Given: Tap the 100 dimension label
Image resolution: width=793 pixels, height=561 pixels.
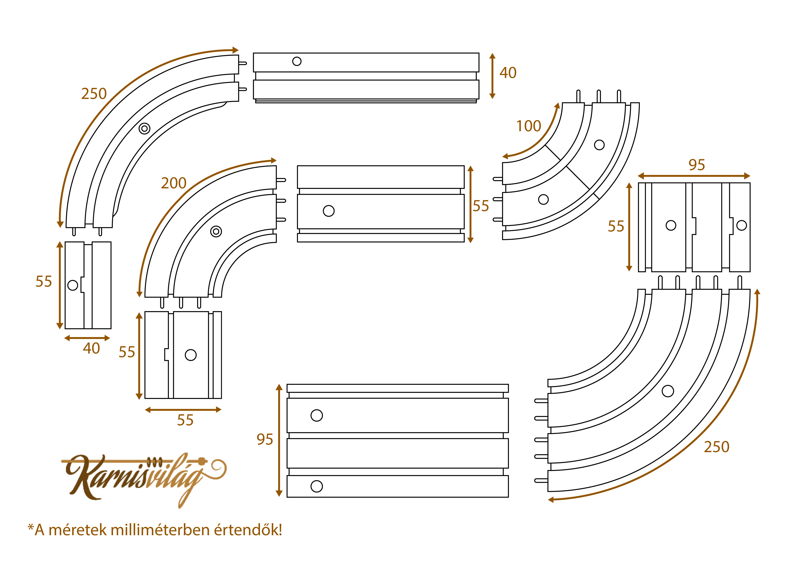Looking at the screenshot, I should point(529,126).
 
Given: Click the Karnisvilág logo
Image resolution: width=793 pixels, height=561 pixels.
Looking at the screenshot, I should point(145,478).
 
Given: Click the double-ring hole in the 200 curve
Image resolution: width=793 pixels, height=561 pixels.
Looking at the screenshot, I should point(216,232).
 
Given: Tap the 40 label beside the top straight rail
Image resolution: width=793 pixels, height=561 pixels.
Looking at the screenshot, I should point(508,73).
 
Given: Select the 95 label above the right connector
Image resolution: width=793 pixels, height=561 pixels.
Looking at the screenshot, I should point(697,165).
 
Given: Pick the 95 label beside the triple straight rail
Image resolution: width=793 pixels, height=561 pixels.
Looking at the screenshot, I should point(264,439).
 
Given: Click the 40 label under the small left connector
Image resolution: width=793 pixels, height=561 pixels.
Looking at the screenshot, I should point(91,348).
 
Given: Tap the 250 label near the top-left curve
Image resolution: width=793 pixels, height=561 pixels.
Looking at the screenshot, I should point(94,94).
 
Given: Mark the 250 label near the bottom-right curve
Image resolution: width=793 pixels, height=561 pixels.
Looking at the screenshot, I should point(717,447).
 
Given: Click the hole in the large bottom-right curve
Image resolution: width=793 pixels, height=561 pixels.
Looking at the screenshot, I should point(668,391).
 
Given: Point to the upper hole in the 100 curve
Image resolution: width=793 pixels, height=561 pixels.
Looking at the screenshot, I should point(599,145).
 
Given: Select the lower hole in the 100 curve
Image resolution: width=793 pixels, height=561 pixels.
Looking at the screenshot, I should point(543,199).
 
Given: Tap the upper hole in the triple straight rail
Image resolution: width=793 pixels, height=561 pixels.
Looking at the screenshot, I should point(317,415).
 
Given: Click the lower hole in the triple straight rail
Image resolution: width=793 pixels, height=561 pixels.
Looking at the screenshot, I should point(317,486).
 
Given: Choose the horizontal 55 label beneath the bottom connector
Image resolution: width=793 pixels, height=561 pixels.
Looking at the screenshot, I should point(185,420).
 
